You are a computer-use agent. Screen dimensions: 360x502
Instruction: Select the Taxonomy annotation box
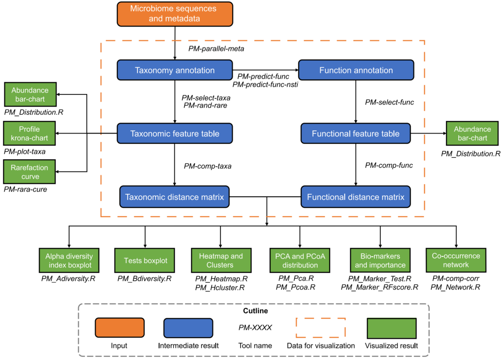pos(175,70)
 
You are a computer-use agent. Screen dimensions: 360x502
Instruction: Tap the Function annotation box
pos(356,70)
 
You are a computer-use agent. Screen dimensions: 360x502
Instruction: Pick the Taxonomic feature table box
pos(175,133)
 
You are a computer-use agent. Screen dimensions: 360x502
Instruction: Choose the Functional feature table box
pos(356,133)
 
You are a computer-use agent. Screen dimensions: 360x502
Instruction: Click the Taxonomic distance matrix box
pos(175,197)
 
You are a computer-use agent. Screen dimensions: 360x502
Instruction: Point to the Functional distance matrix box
pos(356,197)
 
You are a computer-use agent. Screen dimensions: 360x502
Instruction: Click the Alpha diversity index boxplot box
pos(68,260)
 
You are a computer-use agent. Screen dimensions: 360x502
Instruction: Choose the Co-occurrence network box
pos(456,260)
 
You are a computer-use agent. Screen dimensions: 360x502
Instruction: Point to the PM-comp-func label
pos(389,166)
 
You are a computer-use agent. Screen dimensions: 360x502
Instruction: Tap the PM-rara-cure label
pos(25,189)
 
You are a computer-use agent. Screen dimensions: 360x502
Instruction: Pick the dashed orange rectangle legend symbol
pos(321,328)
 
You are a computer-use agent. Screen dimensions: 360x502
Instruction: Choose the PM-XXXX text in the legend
pos(255,328)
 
